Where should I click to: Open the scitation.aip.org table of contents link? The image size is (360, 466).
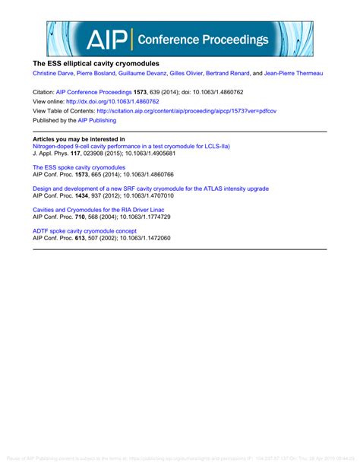[x=205, y=109]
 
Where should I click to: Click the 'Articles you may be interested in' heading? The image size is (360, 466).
[x=78, y=139]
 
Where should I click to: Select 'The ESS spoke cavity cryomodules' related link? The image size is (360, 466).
[x=79, y=166]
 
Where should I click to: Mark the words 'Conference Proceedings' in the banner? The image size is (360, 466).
[x=202, y=40]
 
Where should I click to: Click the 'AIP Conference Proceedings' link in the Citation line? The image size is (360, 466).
[x=99, y=90]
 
